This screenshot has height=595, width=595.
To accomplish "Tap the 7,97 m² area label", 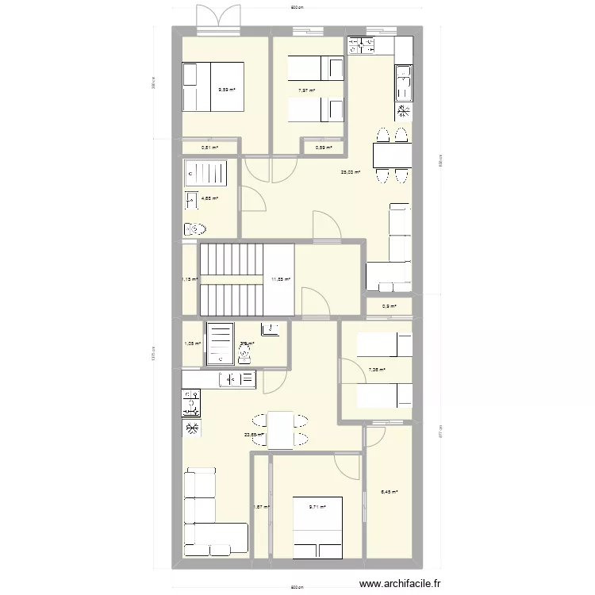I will pos(306,90).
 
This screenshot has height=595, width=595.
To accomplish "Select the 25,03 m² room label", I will pos(351,172).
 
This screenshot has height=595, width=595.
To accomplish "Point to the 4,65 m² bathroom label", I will pos(209,199).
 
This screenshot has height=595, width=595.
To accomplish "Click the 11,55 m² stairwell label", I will pos(281,279).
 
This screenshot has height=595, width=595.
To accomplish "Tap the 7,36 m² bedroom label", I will pos(378,369).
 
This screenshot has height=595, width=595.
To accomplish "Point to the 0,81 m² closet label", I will pos(209,147).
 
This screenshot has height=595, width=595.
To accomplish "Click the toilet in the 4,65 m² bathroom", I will pos(195,229).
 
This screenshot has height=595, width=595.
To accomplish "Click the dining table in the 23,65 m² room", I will pos(280,431).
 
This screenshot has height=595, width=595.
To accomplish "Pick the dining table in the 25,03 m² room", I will pos(390,154).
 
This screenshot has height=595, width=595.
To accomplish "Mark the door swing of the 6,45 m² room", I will pos(374,436).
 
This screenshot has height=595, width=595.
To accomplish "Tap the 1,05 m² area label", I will pos(193,344).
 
